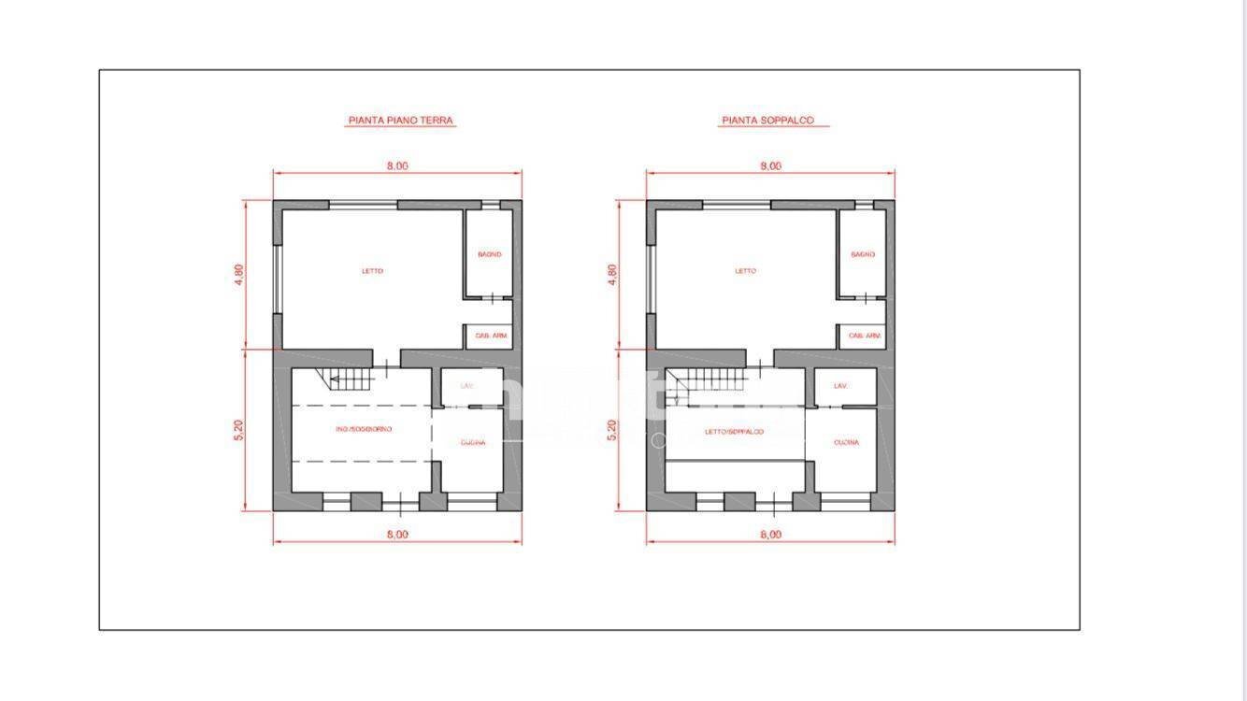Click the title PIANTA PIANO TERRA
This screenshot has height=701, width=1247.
[401, 121]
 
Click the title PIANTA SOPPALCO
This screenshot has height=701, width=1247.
[767, 121]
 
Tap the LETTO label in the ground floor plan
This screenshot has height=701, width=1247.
[372, 271]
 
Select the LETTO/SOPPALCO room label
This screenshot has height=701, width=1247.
[734, 432]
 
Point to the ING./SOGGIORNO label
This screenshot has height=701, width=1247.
[365, 428]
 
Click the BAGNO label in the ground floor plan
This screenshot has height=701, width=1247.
[489, 254]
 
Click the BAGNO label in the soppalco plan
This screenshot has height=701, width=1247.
[862, 254]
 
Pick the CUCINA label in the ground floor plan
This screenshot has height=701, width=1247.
[473, 443]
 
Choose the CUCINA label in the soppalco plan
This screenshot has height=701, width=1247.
[846, 443]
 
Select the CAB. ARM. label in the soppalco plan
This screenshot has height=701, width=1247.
[864, 336]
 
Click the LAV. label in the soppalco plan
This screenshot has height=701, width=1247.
[839, 386]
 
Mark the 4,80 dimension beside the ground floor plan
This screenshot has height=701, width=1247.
[239, 275]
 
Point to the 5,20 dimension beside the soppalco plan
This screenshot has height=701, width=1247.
[612, 430]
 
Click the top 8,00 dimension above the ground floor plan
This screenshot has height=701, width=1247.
[397, 166]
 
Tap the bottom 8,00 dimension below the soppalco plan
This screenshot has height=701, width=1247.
[770, 535]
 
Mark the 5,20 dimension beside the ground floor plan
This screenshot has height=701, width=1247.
[239, 430]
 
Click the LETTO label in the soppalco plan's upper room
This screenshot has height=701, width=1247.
[745, 271]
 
